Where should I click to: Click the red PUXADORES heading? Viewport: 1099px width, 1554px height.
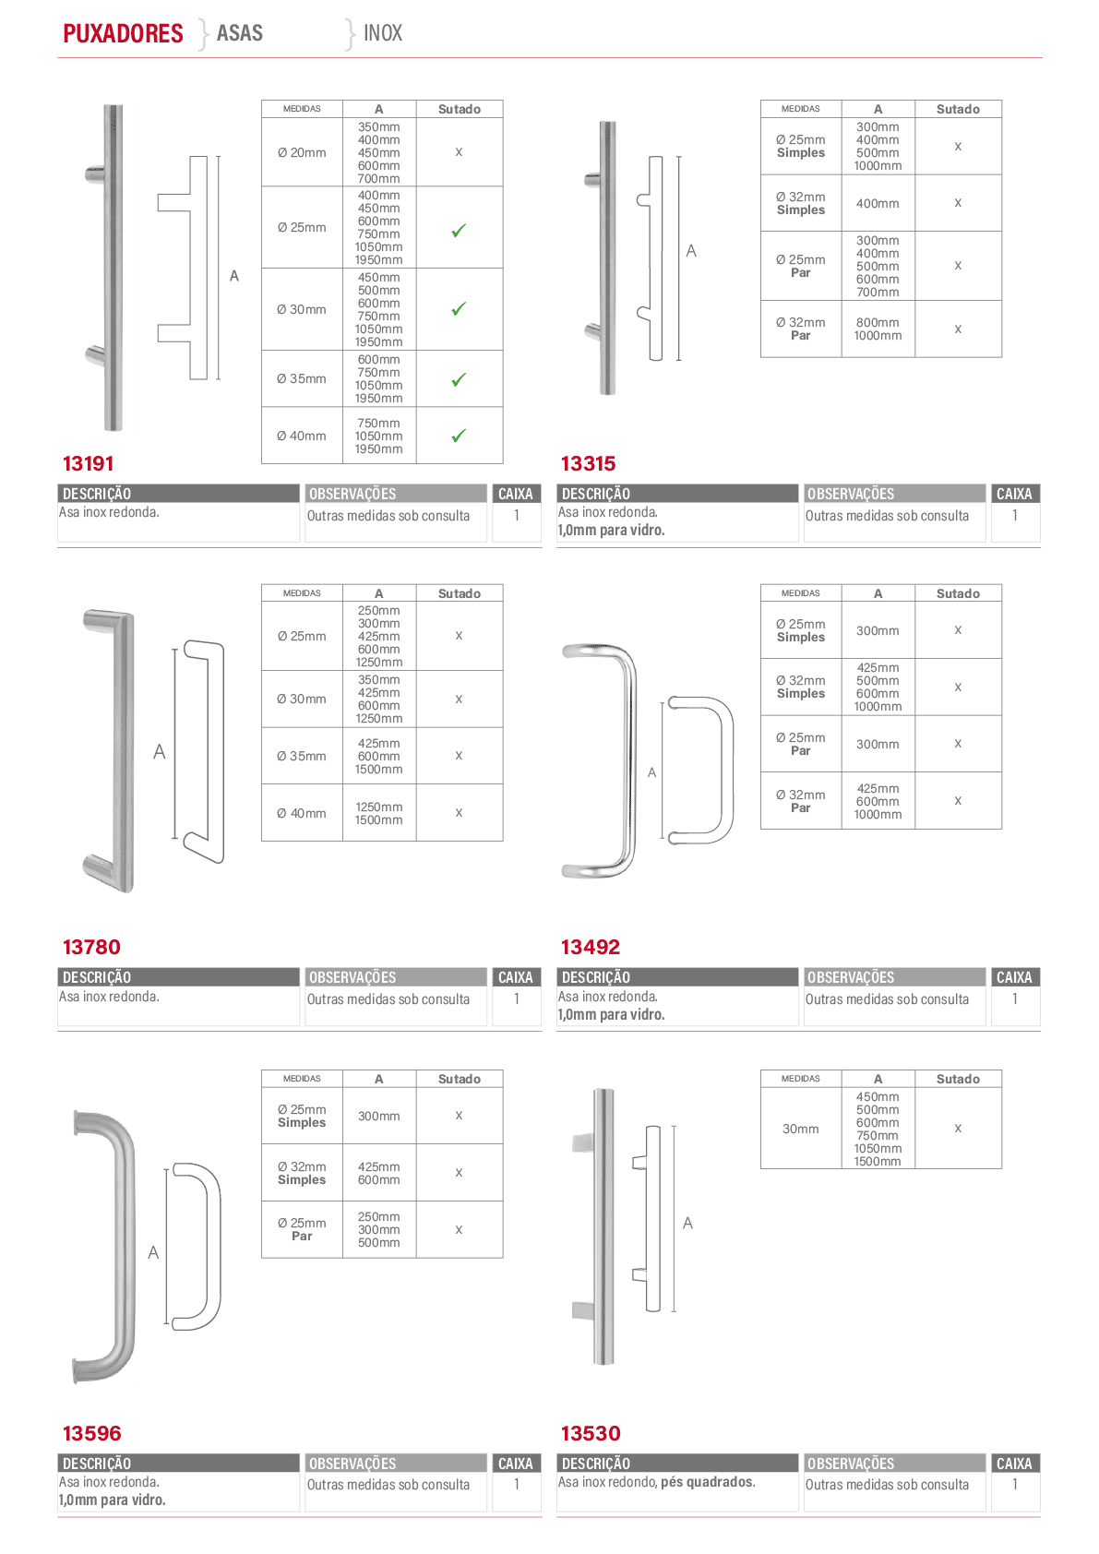tap(123, 33)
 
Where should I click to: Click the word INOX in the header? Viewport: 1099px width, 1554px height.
tap(382, 33)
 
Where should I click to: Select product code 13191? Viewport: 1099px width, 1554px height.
tap(88, 463)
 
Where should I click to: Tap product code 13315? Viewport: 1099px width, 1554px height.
tap(588, 463)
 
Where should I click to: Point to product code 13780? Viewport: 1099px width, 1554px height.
tap(91, 947)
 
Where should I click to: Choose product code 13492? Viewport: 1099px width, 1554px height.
tap(591, 947)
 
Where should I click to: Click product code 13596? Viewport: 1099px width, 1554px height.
tap(91, 1433)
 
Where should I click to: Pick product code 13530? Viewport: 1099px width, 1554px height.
tap(591, 1433)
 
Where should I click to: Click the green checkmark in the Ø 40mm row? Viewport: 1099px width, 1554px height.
tap(459, 436)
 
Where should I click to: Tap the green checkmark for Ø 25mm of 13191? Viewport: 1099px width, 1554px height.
tap(459, 231)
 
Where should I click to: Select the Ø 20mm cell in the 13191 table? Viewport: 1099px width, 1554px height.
tap(302, 152)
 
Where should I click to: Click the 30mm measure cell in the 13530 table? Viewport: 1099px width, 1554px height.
tap(801, 1129)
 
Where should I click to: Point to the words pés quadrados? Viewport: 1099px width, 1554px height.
tap(708, 1482)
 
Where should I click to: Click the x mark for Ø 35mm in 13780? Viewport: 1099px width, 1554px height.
tap(459, 756)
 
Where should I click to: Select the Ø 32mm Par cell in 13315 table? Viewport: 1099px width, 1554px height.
tap(801, 329)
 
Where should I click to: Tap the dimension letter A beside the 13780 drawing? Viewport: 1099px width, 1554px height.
tap(160, 752)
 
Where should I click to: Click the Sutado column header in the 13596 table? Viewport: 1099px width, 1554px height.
tap(460, 1079)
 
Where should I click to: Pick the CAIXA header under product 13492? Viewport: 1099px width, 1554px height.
tap(1014, 977)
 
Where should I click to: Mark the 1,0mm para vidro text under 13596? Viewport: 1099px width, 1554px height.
tap(113, 1500)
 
